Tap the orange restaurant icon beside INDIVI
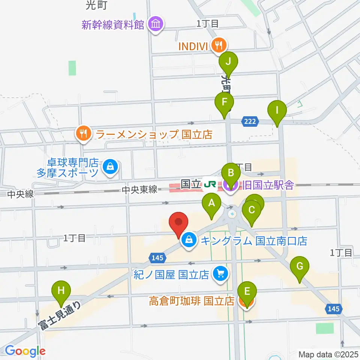(x=217, y=46)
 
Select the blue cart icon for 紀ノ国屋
(x=220, y=274)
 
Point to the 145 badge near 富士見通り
(x=157, y=257)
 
